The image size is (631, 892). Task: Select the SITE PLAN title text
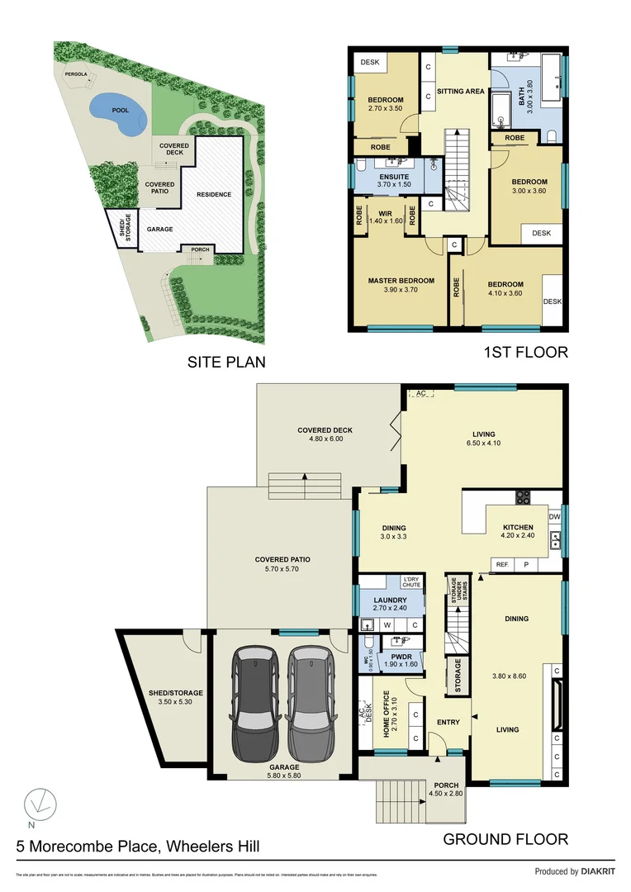click(226, 361)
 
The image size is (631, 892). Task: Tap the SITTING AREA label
click(460, 91)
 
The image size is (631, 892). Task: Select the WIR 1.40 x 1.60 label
click(385, 217)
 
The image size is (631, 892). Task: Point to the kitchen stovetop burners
click(523, 496)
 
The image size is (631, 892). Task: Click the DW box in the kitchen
click(554, 517)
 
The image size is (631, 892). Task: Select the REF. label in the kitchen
click(501, 564)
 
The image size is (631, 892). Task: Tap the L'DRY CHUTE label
click(411, 581)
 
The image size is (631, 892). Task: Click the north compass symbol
click(34, 802)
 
